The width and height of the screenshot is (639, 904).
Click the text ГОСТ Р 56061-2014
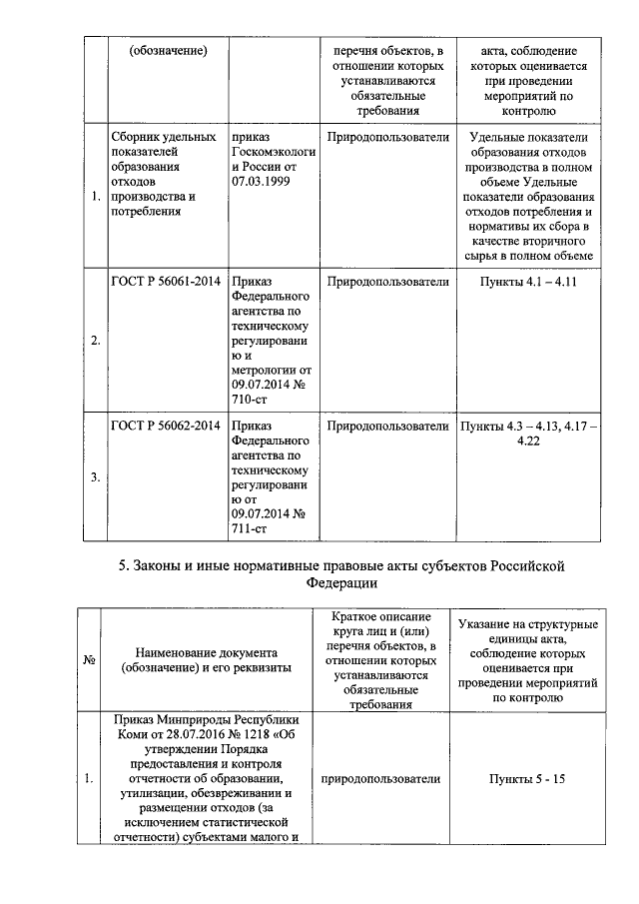point(165,283)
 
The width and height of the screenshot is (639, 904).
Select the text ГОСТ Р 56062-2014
point(165,427)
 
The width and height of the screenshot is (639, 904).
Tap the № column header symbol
point(89,660)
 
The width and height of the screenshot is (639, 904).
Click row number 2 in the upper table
point(95,341)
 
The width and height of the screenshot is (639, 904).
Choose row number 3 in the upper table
point(95,477)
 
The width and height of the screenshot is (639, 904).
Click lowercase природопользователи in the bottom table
point(381,777)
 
